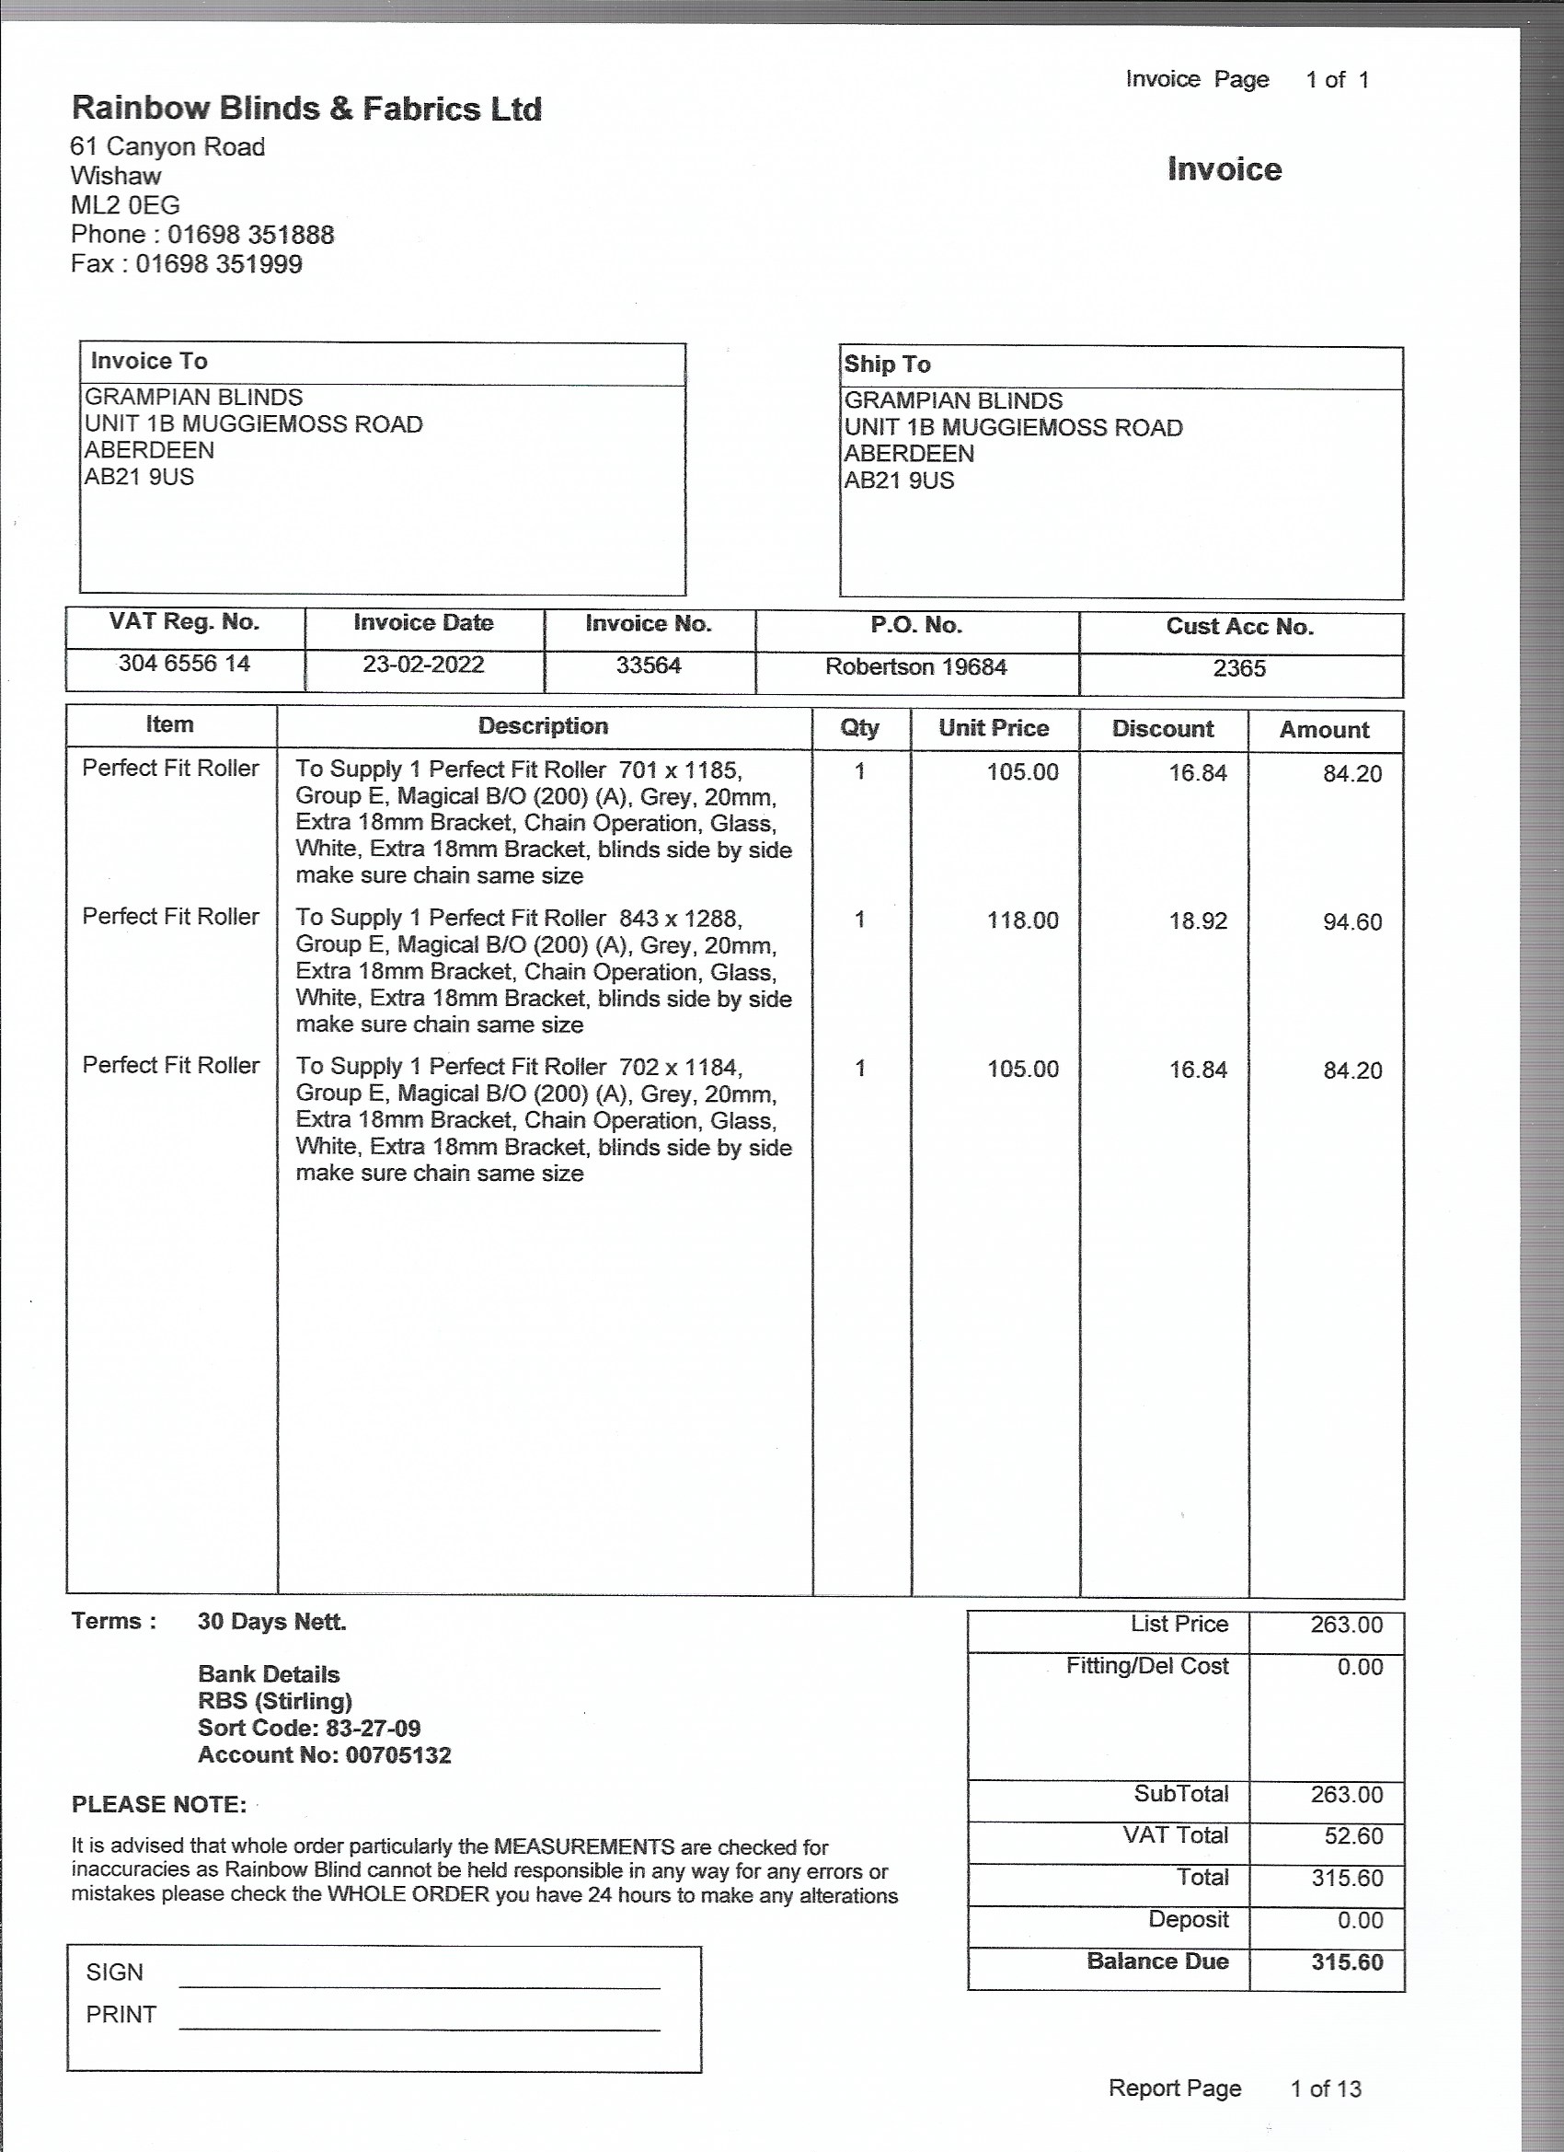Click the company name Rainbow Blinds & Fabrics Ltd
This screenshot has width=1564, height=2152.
(x=306, y=110)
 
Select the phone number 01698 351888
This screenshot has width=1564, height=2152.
(x=250, y=235)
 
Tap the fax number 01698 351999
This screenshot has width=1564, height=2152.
(x=218, y=264)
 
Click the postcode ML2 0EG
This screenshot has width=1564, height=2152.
(x=125, y=205)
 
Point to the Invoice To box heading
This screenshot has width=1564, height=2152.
(x=149, y=362)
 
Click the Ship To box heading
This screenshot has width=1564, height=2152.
(x=887, y=364)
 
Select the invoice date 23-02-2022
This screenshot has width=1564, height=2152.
(x=423, y=665)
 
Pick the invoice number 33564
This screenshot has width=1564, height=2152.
(x=649, y=665)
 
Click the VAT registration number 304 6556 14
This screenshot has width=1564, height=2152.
(x=184, y=664)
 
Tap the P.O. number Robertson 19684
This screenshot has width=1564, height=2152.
(x=915, y=667)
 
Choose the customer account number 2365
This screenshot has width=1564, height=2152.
(x=1238, y=669)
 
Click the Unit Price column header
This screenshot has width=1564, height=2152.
(x=993, y=728)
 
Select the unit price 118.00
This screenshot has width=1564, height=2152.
(x=1022, y=920)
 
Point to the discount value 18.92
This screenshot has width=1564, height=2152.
(x=1198, y=921)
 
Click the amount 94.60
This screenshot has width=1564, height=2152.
(x=1351, y=922)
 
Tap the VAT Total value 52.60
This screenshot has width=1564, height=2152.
(x=1352, y=1836)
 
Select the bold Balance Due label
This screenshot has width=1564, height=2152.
(x=1157, y=1961)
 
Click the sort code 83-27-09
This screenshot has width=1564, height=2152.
(x=373, y=1728)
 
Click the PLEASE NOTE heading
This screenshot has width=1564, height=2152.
(x=158, y=1805)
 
